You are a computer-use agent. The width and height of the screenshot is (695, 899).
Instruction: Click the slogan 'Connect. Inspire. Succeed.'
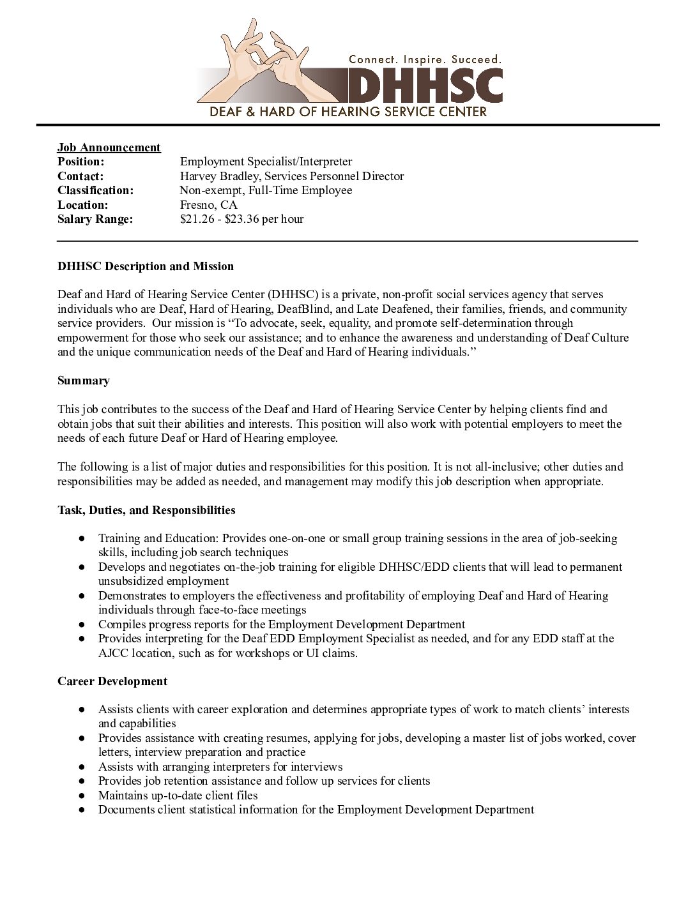[x=425, y=59]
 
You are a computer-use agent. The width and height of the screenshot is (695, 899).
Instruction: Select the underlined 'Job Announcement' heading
[x=109, y=147]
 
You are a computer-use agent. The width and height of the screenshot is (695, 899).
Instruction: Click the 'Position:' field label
[x=80, y=162]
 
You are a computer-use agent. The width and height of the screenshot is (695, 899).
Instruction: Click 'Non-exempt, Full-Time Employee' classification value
[x=266, y=190]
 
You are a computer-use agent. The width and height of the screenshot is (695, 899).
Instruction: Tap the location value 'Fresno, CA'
[x=208, y=205]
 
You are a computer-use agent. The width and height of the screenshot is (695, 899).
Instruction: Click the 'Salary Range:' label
[x=95, y=219]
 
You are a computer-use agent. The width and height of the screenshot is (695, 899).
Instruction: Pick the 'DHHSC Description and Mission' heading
[x=146, y=266]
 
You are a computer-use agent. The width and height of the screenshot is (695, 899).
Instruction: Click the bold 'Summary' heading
[x=84, y=381]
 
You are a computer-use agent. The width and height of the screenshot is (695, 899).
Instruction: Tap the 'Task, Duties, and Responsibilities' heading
[x=146, y=510]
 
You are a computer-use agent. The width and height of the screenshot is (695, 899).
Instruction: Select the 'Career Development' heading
[x=112, y=681]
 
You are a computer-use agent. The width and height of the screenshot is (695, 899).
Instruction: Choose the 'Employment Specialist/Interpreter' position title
[x=266, y=162]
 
